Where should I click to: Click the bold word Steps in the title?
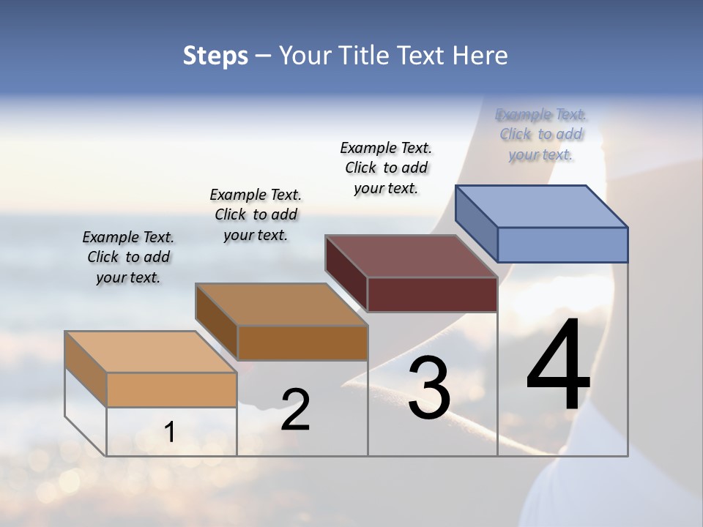tap(215, 56)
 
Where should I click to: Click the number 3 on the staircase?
tap(429, 388)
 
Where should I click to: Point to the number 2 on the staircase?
tap(295, 410)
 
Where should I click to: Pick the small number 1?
tap(170, 432)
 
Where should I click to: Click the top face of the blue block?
tap(542, 206)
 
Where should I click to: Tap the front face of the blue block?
tap(562, 244)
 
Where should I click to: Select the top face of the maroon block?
tap(412, 256)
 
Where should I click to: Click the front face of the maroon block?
tap(432, 294)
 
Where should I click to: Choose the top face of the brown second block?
tap(281, 304)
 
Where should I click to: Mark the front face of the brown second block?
tap(302, 343)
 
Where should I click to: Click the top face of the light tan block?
tap(151, 352)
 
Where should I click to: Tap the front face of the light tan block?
tap(171, 389)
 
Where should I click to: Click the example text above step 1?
tap(128, 258)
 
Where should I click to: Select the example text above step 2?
tap(256, 215)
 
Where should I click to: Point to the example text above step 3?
tap(386, 168)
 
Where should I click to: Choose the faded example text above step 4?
tap(541, 135)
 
